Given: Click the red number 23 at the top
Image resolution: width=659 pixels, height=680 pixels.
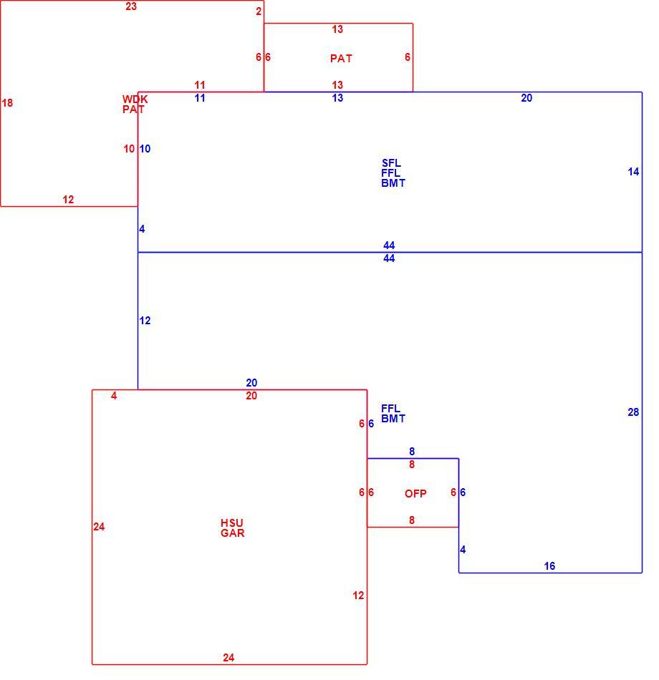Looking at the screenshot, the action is tap(131, 6).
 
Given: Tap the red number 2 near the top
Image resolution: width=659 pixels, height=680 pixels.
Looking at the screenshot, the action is tap(259, 11).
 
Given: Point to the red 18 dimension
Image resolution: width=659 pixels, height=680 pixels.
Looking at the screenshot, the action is tap(7, 103).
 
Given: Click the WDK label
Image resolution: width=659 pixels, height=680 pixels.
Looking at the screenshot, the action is tap(135, 99).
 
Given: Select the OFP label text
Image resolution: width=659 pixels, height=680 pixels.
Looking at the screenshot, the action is tap(415, 493).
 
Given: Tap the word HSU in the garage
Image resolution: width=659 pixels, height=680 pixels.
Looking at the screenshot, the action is tap(232, 523).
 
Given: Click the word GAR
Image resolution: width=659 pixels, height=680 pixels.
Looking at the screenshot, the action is tap(232, 533).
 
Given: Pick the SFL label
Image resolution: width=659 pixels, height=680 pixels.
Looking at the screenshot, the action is tap(391, 163).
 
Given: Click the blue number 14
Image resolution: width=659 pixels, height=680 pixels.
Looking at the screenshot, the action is tap(633, 172).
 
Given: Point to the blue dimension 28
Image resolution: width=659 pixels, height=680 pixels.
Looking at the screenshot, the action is tap(633, 412).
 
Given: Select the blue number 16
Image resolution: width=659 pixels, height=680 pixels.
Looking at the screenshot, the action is tap(549, 566).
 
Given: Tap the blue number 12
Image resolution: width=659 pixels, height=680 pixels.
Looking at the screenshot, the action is tap(145, 321).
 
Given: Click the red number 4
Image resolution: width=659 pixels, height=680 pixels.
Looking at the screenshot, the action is tap(114, 396).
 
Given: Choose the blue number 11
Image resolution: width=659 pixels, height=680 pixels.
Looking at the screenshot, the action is tap(200, 98).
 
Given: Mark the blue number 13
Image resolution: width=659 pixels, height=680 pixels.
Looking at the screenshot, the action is tap(337, 98).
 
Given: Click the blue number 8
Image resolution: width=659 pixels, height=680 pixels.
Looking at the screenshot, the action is tap(412, 452).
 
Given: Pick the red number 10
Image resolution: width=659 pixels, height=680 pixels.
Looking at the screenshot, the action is tap(129, 149).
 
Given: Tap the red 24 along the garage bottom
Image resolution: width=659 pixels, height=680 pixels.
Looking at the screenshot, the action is tap(229, 658).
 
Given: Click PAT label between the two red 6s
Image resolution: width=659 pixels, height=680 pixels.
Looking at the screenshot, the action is tap(341, 59).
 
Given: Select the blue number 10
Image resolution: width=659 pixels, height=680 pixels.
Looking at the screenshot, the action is tap(145, 149).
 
